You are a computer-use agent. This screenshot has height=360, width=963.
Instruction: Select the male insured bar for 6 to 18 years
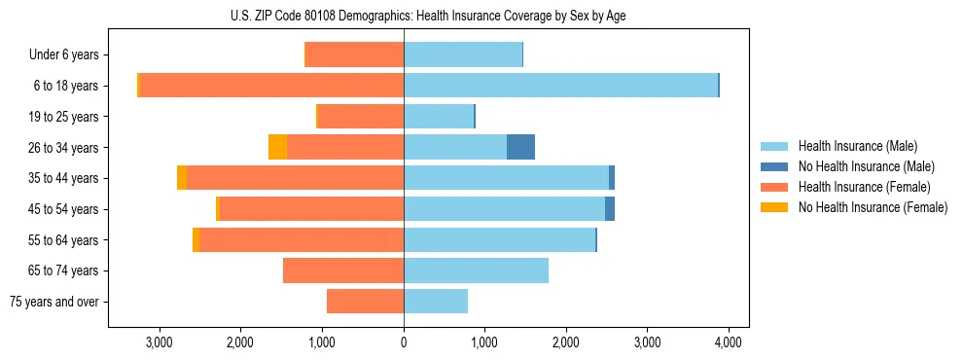point(560,85)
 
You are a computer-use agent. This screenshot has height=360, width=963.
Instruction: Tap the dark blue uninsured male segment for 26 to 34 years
point(520,147)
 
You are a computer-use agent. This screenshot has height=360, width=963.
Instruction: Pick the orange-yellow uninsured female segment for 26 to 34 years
point(277,147)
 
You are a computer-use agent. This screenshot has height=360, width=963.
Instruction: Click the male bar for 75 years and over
point(436,302)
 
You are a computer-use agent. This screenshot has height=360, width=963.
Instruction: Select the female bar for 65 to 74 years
point(343,270)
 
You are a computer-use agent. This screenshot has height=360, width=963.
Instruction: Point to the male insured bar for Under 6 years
point(463,54)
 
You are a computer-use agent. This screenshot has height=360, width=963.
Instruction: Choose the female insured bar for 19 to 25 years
point(361,116)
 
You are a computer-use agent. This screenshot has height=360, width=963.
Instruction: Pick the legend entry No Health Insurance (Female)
point(873,207)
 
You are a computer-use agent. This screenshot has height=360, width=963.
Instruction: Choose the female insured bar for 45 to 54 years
point(311,208)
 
